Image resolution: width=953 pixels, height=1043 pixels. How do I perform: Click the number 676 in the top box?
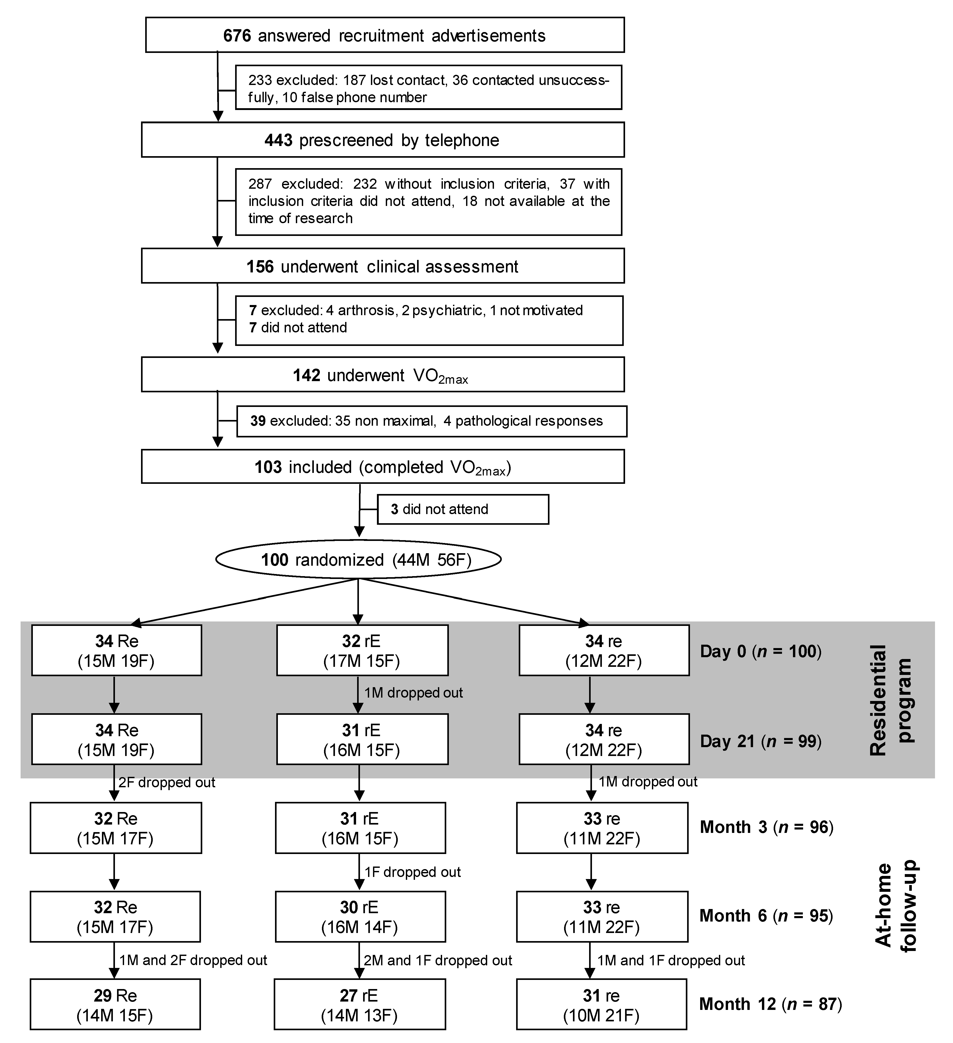click(x=237, y=36)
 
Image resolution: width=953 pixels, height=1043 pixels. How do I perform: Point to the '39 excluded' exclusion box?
click(x=431, y=421)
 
